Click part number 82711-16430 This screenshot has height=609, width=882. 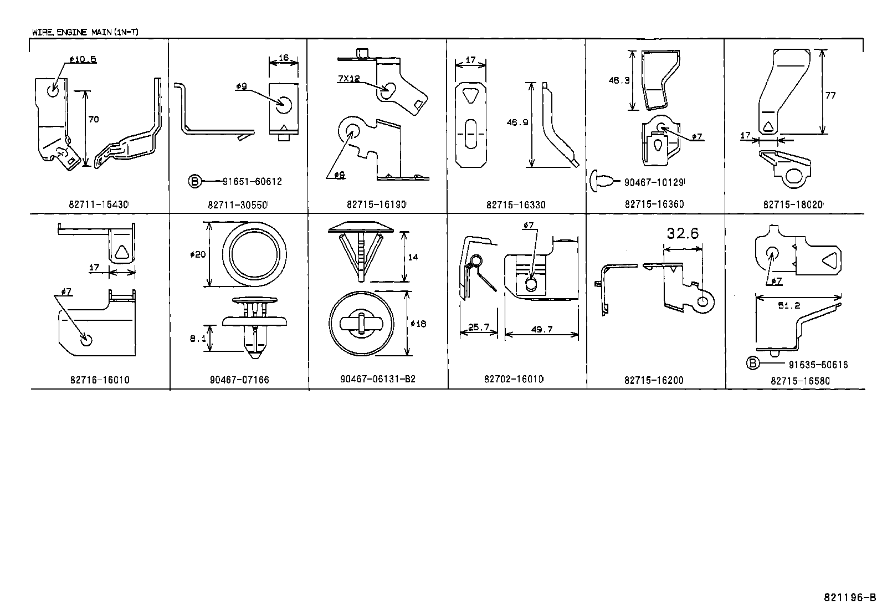coord(98,204)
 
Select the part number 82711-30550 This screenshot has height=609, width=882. coord(238,204)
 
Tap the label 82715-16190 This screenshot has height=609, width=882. coord(377,204)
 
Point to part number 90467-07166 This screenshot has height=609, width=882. coord(239,380)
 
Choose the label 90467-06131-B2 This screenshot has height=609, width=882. coord(378,380)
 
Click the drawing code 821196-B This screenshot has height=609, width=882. coord(849,597)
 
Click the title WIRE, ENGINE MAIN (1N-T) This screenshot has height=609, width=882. coord(85,32)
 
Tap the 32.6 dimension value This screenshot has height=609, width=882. coord(683,233)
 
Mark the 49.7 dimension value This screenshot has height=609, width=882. coord(542,329)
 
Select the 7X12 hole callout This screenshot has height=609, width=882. coord(348,79)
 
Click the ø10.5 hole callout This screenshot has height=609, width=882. coord(83,59)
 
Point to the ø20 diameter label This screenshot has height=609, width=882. coord(197,254)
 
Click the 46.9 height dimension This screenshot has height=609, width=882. coord(516,123)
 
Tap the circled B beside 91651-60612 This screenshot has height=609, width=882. coord(194,181)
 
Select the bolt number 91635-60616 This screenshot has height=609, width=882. coord(818,365)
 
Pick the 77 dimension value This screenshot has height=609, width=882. coord(830,95)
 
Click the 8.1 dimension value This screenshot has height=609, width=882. coord(198,338)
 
